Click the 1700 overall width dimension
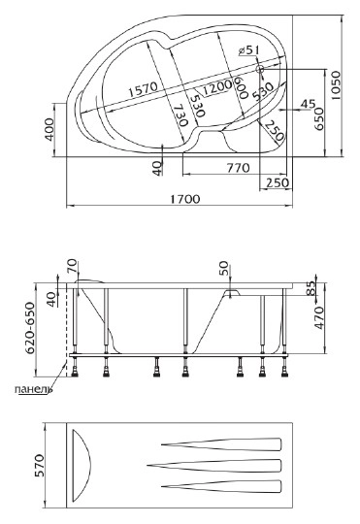(x=185, y=199)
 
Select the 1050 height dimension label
(x=336, y=85)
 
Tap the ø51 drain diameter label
(x=249, y=50)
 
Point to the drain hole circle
(x=260, y=70)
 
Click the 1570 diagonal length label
(x=143, y=89)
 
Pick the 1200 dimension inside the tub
(x=217, y=87)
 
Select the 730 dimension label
(x=180, y=115)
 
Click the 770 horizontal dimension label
(x=239, y=168)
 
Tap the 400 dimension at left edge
(x=49, y=129)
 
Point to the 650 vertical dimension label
(x=318, y=118)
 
